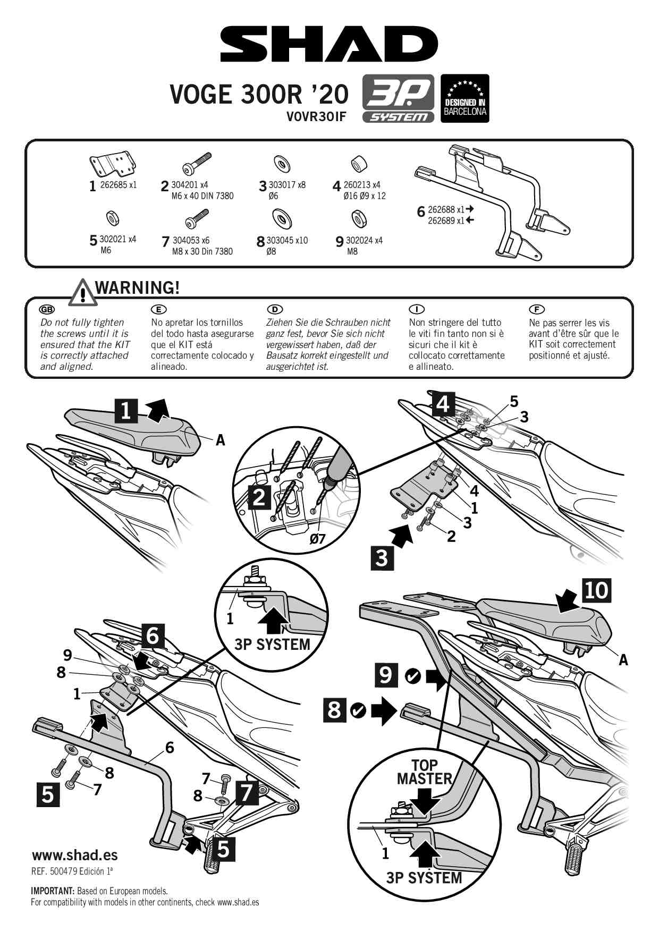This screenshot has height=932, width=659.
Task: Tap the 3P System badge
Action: tap(398, 99)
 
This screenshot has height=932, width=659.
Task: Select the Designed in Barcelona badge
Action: tap(465, 98)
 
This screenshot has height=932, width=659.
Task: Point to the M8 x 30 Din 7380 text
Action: tap(202, 251)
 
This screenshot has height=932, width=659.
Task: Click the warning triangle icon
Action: tap(83, 293)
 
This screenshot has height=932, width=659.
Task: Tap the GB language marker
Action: tap(47, 309)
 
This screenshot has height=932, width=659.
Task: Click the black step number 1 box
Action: tap(126, 411)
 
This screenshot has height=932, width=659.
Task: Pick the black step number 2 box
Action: tap(259, 497)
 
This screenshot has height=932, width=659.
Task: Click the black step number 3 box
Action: tap(382, 558)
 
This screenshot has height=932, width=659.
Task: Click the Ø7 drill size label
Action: tap(317, 539)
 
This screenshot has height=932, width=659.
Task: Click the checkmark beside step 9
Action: tap(412, 676)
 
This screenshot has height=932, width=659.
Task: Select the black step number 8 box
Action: tap(334, 710)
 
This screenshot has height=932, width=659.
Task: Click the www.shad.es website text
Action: tap(74, 855)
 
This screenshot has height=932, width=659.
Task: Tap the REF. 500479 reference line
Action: tap(72, 871)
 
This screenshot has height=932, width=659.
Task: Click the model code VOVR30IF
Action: tap(316, 116)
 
